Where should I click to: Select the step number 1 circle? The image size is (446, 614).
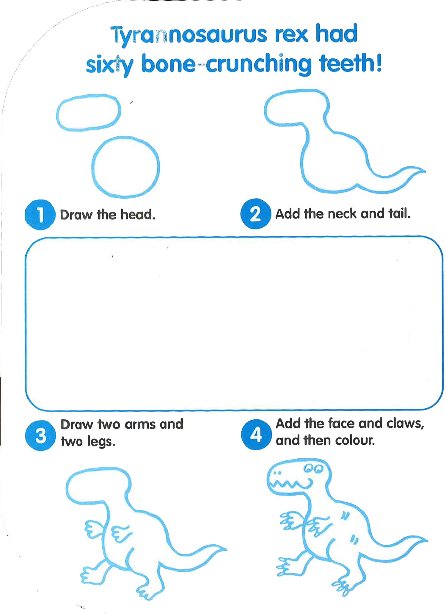point(40,215)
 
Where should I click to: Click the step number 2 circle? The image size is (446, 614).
point(256,214)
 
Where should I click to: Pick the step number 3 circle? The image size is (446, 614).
point(40,435)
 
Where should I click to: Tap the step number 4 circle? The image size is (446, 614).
point(256,434)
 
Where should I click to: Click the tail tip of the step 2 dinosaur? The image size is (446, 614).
point(425,171)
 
